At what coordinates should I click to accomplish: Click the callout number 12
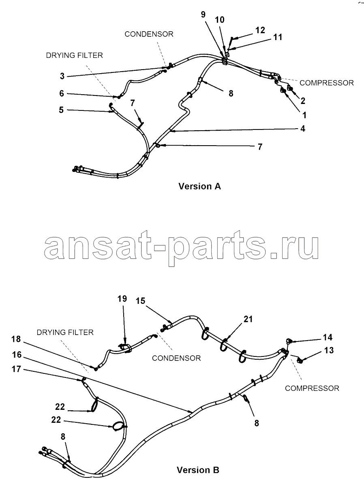pos(260,30)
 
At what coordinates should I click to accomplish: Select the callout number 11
pos(278,37)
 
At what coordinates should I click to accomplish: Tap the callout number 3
pos(62,76)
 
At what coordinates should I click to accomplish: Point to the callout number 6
pos(62,93)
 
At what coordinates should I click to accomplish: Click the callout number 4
pos(303,129)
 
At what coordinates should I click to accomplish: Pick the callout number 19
pos(122,299)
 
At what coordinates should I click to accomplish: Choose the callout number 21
pos(248,319)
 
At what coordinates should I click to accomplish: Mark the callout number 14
pos(328,337)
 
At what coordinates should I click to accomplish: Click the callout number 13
pos(329,350)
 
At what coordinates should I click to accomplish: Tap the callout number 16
pos(17,355)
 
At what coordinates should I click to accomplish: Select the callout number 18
pos(16,339)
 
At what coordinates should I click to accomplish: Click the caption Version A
pos(199,187)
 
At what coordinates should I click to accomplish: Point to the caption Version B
pos(198,470)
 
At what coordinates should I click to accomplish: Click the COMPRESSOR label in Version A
pos(326,83)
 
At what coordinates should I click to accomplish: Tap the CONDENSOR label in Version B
pos(176,358)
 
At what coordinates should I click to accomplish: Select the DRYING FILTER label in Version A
pos(74,55)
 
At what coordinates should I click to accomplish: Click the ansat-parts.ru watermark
pos(181,248)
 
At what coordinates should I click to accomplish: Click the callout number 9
pos(203,15)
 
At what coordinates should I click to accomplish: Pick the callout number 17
pos(16,369)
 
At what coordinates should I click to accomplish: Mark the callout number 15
pos(140,301)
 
